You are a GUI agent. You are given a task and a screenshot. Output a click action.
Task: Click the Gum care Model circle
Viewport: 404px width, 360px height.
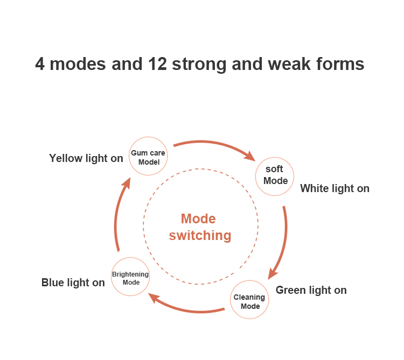(x=148, y=156)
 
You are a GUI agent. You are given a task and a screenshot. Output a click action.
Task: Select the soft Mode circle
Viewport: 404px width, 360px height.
(x=275, y=175)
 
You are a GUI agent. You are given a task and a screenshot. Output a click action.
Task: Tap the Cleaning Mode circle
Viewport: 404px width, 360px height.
(x=250, y=301)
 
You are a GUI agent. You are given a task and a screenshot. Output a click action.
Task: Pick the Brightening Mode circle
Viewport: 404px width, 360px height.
(x=130, y=277)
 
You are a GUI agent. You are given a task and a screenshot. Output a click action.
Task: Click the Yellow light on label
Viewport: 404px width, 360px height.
(x=86, y=158)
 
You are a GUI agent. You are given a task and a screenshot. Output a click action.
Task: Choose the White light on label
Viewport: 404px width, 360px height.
(x=335, y=188)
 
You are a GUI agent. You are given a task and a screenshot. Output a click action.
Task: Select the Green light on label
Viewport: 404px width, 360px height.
(x=311, y=290)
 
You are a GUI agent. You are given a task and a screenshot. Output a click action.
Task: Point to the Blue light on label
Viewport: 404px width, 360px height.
(x=73, y=283)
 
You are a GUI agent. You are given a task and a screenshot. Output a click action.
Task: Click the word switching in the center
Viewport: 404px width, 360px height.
(x=200, y=235)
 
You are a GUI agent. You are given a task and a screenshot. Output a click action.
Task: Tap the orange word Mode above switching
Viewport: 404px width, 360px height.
(x=198, y=218)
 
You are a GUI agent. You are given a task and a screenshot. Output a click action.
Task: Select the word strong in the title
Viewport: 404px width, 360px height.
(x=199, y=65)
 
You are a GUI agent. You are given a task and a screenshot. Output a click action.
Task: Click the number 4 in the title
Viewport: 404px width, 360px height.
(x=40, y=65)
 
